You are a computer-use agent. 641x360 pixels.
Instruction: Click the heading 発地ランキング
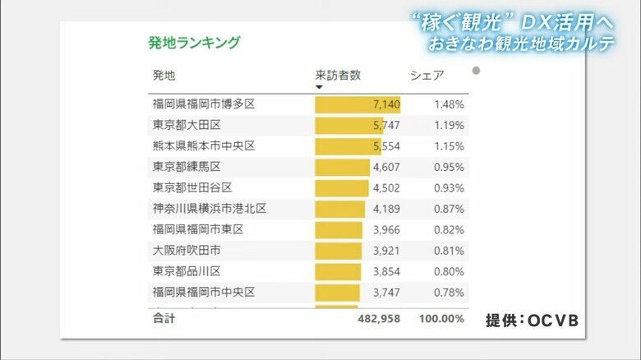point(194,43)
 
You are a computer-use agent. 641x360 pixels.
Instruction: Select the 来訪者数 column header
point(338,76)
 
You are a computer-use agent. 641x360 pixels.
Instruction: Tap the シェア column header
point(427,76)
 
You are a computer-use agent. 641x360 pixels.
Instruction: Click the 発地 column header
point(164,76)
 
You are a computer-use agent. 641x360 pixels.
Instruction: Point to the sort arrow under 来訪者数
point(320,87)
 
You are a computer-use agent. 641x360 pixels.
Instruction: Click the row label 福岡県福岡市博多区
point(204,104)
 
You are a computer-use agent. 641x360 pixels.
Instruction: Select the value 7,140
point(386,104)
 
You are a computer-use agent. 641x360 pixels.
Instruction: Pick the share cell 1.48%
point(449,104)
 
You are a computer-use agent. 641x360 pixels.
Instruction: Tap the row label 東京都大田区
point(187,125)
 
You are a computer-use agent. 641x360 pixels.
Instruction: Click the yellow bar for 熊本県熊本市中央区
point(346,145)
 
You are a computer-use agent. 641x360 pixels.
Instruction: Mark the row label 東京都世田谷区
point(192,187)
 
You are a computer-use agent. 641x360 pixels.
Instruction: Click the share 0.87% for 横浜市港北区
point(449,209)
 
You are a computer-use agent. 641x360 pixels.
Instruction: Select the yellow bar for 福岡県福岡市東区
point(339,229)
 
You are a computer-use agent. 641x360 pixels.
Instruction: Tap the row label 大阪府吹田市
point(187,250)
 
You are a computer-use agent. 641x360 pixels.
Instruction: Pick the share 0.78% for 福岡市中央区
point(449,292)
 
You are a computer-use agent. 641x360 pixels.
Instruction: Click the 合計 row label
point(164,318)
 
